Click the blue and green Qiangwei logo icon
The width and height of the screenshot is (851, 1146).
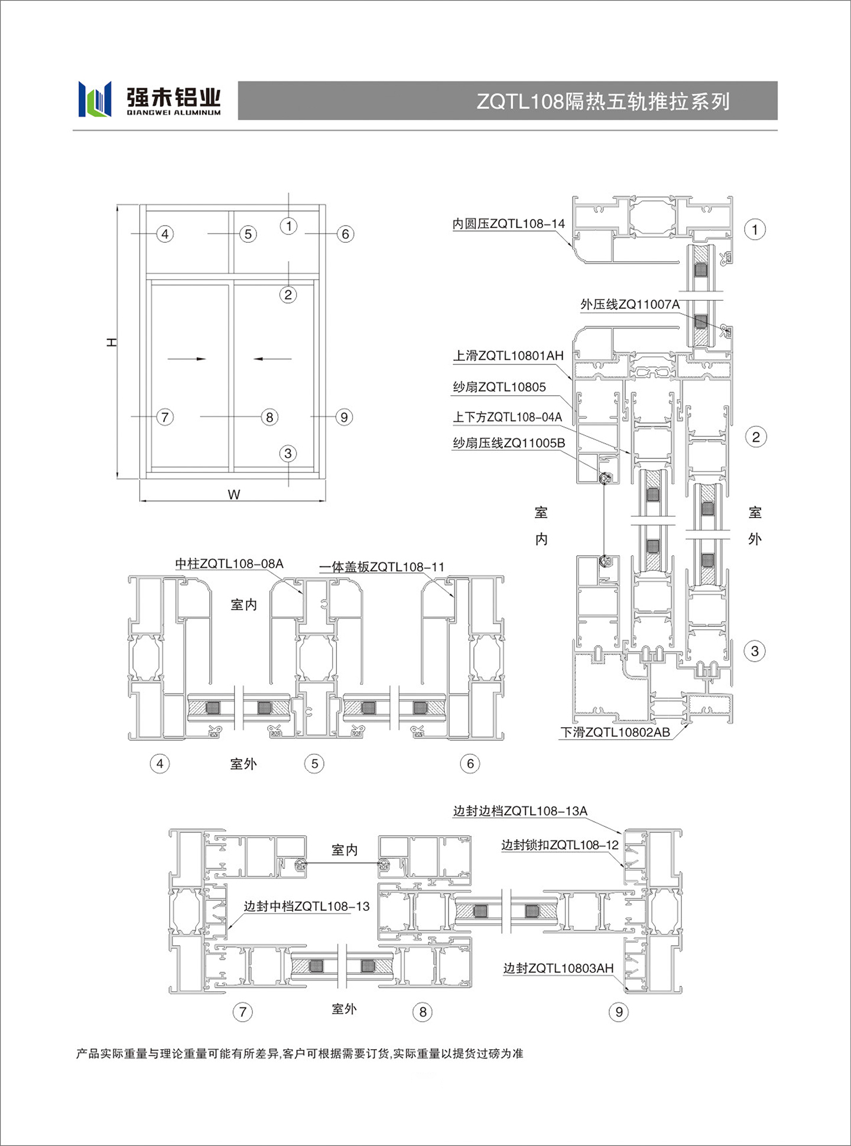[95, 99]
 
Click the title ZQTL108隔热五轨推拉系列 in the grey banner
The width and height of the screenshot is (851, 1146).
[603, 102]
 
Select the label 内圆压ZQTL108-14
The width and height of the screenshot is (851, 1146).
[509, 224]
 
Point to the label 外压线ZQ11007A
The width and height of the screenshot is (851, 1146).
[630, 304]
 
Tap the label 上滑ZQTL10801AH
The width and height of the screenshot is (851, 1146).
[508, 356]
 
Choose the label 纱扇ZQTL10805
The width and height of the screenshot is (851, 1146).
[499, 387]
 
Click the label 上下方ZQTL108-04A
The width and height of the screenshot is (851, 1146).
[508, 417]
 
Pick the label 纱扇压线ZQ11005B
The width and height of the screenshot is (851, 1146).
[509, 443]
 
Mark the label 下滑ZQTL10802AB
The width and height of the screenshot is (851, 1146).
[615, 732]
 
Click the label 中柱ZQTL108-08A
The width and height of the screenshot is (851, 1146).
[229, 564]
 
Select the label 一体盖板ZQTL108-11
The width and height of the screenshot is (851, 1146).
[382, 567]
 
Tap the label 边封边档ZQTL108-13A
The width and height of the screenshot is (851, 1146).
[520, 811]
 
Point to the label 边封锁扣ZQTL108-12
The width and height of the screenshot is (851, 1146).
[560, 845]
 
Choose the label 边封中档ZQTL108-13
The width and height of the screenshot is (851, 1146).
[307, 906]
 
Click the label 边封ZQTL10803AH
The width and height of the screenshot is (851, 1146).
[558, 968]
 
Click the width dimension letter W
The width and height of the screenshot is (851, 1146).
[234, 494]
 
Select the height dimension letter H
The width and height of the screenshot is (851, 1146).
[111, 343]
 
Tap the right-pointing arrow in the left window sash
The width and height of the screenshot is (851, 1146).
[187, 359]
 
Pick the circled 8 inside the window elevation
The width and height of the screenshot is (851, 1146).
[269, 417]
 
